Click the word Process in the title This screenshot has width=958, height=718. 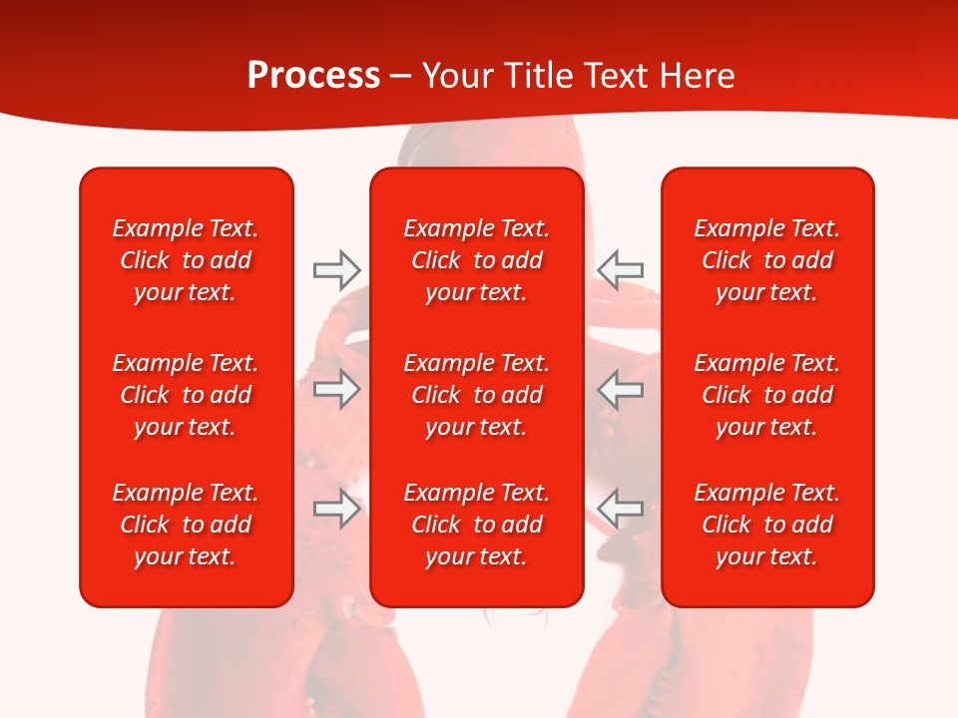coord(313,76)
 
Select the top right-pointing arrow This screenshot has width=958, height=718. coord(337,269)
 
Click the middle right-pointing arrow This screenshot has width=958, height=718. coord(337,389)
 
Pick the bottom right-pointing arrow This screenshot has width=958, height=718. coord(337,509)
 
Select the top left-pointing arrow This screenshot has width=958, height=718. coord(620,269)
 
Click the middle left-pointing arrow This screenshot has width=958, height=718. coord(620,389)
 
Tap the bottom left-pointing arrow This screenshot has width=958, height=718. coord(620,509)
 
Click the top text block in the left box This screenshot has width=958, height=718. coord(186,260)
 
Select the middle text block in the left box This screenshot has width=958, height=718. coord(186,395)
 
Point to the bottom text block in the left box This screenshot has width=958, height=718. coord(186,525)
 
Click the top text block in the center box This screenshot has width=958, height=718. coord(476,260)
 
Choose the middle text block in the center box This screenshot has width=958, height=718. coord(476,395)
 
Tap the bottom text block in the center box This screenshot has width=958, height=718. coord(476,525)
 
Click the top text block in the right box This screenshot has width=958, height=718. coord(766,260)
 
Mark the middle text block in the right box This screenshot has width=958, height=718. coord(766,395)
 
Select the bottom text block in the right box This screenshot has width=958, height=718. coord(766,525)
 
